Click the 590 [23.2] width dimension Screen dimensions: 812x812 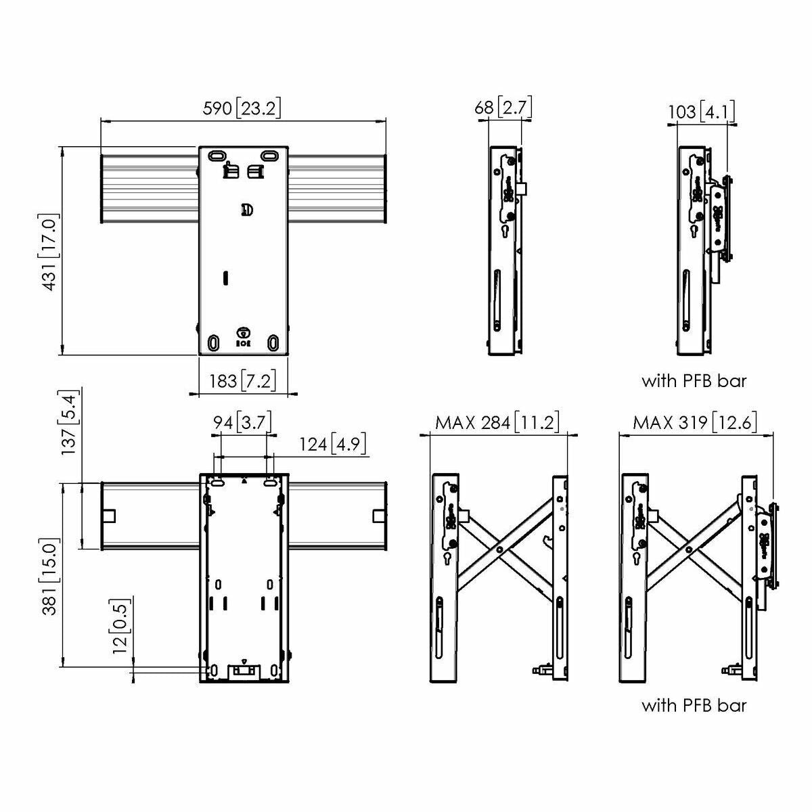pos(242,108)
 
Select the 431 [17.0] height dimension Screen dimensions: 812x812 pos(51,253)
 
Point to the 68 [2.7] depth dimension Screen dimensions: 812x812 pos(504,108)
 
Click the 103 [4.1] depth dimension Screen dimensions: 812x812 pos(702,110)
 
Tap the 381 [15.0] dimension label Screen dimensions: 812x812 pos(51,577)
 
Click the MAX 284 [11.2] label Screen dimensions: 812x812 pos(498,423)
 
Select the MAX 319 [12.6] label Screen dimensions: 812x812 pos(695,423)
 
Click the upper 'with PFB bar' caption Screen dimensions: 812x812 pos(694,381)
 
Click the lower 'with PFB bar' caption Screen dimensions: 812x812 pos(694,706)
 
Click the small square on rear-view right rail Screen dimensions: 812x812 pos(378,516)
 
